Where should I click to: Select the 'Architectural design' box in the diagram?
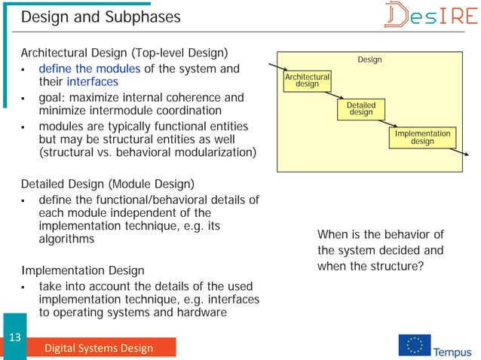click(x=307, y=81)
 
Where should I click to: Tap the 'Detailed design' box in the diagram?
click(x=360, y=108)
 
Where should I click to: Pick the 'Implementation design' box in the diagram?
click(x=422, y=137)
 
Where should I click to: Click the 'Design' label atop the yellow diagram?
click(x=369, y=59)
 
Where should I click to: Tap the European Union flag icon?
click(x=414, y=345)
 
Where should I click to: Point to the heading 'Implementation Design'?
click(x=82, y=270)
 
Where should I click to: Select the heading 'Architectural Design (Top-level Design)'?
click(x=124, y=53)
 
